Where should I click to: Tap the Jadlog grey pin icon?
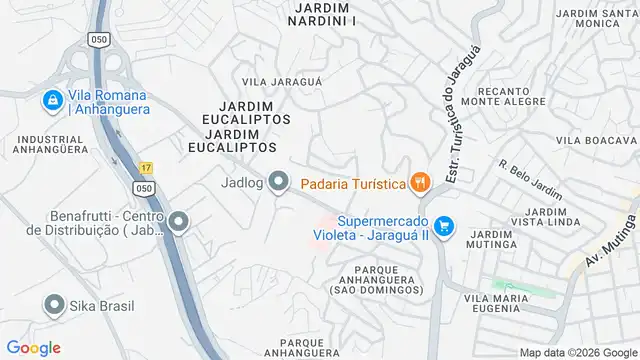click(279, 181)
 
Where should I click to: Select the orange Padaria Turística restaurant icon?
click(419, 182)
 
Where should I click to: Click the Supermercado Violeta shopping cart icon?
click(444, 228)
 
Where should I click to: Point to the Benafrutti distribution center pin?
click(178, 222)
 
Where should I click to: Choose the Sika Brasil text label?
click(101, 306)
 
